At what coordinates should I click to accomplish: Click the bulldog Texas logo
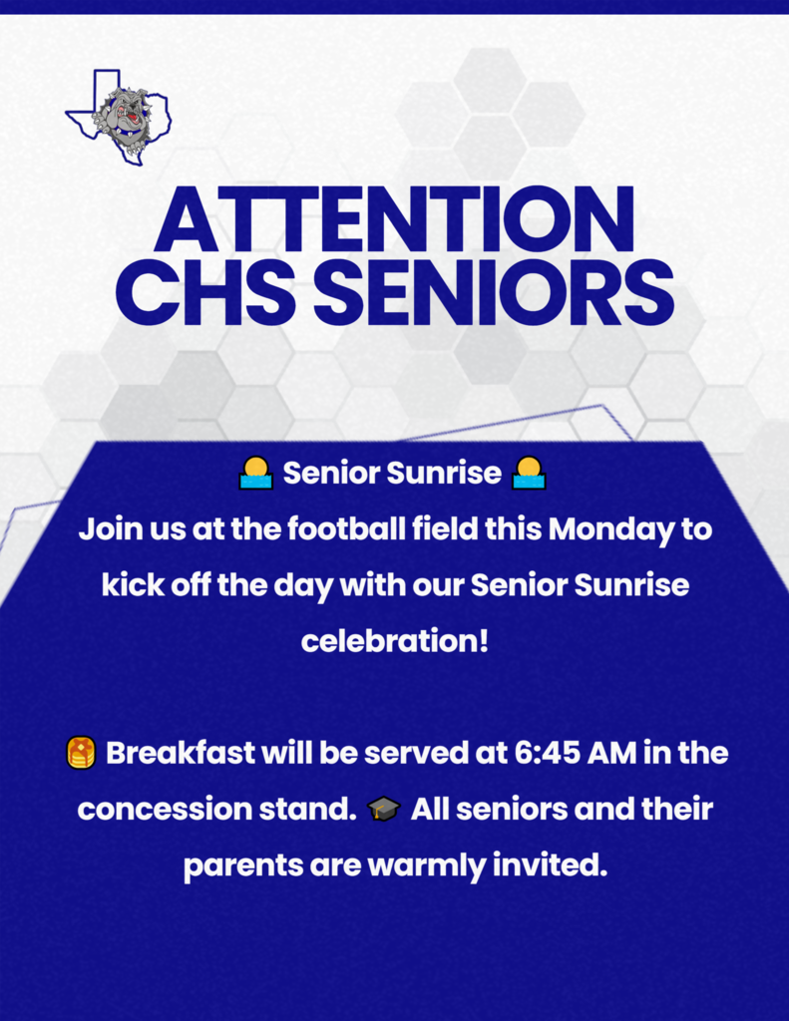pyautogui.click(x=118, y=117)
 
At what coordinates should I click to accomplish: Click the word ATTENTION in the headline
pyautogui.click(x=394, y=219)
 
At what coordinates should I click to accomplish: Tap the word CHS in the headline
pyautogui.click(x=205, y=292)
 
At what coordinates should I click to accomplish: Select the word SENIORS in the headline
pyautogui.click(x=494, y=292)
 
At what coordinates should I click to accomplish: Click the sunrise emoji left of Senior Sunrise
pyautogui.click(x=255, y=473)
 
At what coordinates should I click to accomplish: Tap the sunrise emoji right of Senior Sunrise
pyautogui.click(x=529, y=473)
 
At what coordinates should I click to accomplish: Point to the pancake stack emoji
pyautogui.click(x=82, y=754)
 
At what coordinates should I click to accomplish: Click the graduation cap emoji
pyautogui.click(x=383, y=810)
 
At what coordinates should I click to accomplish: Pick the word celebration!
pyautogui.click(x=394, y=641)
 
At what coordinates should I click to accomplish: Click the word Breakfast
pyautogui.click(x=180, y=754)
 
